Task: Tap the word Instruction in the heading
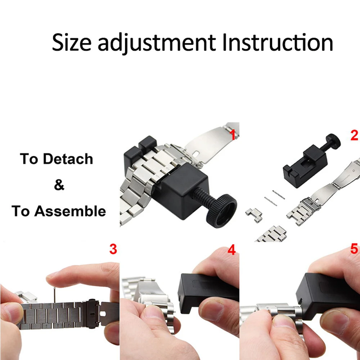278,42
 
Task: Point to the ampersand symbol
59,185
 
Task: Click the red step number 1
233,135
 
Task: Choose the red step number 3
113,249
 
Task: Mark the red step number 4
232,250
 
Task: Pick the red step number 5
354,249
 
